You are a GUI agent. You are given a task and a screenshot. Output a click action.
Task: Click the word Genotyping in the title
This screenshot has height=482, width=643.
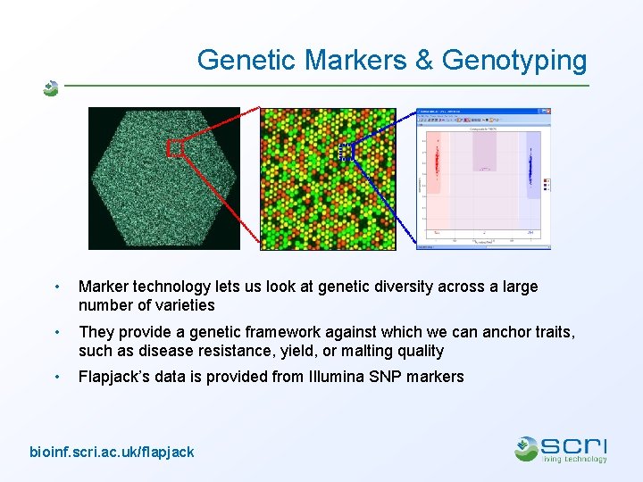click(x=514, y=60)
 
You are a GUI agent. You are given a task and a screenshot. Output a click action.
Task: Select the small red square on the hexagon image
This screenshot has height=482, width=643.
click(x=175, y=149)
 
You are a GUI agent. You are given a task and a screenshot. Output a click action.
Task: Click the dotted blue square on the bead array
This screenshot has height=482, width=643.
click(x=346, y=153)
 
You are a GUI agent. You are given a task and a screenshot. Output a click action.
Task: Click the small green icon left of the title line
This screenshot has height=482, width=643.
click(x=51, y=87)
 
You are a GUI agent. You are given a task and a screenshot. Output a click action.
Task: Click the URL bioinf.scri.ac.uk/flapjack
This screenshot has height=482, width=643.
click(x=112, y=452)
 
